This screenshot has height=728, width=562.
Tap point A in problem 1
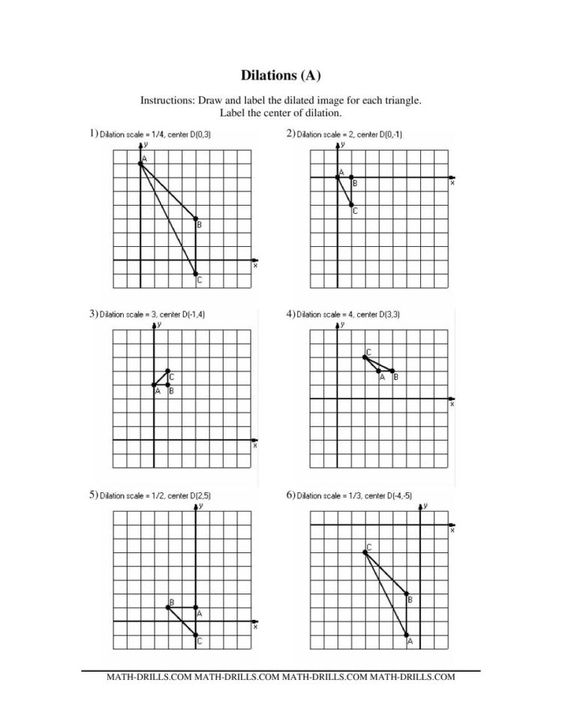coord(140,164)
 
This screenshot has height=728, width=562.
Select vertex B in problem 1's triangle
coord(196,218)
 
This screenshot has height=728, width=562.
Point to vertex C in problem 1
coord(196,274)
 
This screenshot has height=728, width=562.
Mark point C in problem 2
coord(351,204)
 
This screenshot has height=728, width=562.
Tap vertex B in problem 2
coord(351,177)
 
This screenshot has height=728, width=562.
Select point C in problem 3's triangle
coord(167,371)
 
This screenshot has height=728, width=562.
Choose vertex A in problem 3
coord(154,385)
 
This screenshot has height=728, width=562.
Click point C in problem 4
coord(365,357)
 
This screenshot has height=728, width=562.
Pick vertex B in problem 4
coord(392,371)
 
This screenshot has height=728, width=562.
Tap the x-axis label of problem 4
coord(452,405)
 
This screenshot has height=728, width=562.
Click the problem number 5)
coord(94,495)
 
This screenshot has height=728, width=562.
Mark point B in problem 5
coord(167,607)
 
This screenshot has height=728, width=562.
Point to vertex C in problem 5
coord(196,636)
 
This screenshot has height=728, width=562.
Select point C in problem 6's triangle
coord(365,552)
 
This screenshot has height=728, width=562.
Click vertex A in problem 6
coord(407,636)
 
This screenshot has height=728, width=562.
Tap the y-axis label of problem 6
coord(425,506)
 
